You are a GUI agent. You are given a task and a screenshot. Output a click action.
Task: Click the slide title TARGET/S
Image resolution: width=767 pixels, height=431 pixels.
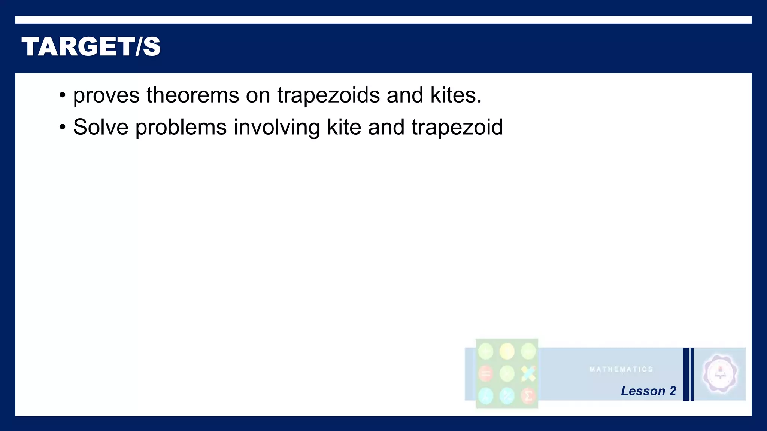91,47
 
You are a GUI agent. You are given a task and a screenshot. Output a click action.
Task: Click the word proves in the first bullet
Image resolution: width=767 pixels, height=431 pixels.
106,95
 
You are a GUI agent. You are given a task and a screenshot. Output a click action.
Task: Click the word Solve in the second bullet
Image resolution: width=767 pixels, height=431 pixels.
101,127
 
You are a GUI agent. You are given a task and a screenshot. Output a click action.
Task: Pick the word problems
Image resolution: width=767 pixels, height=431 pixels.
181,128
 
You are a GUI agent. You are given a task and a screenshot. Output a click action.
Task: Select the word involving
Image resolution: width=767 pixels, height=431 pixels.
277,128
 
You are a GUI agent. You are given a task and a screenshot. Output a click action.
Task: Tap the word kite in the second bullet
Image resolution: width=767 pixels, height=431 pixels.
344,127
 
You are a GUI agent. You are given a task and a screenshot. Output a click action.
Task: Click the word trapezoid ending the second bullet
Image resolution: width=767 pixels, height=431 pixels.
457,128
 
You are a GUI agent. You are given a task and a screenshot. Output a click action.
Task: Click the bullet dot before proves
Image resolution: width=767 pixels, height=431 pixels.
63,95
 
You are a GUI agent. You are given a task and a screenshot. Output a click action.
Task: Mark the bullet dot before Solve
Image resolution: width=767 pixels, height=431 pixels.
63,128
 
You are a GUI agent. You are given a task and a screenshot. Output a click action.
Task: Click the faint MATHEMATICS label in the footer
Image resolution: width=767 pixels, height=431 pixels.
621,369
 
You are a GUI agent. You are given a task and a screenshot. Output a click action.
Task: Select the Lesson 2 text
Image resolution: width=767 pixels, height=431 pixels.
648,391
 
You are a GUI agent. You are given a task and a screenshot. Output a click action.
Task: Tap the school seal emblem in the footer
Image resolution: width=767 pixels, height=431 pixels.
720,374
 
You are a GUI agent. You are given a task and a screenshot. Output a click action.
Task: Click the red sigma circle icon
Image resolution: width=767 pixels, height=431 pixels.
528,396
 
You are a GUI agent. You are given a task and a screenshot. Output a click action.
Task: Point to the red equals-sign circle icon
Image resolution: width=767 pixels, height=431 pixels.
486,374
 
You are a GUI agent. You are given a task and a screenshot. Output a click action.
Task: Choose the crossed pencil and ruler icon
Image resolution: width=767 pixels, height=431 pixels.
528,373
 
